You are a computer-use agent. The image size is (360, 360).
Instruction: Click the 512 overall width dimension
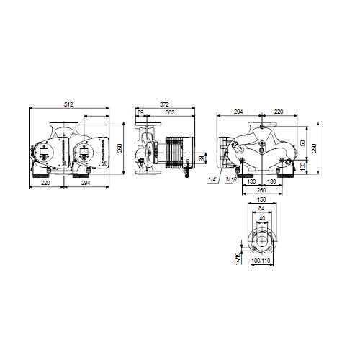68,105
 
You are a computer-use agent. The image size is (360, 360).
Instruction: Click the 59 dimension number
140,113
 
